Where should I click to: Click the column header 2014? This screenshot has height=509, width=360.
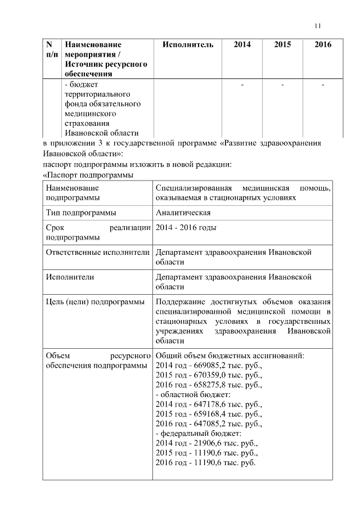click(242, 44)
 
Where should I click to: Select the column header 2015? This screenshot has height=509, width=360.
click(282, 44)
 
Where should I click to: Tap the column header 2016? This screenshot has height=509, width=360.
click(323, 44)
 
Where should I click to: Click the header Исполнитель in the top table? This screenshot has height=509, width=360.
click(187, 44)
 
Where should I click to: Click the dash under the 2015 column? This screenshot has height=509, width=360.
click(282, 85)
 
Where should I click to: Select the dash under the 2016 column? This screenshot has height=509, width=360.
click(323, 85)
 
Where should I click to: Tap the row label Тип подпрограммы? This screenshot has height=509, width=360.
click(81, 213)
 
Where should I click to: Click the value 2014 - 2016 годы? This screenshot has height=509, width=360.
click(186, 227)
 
